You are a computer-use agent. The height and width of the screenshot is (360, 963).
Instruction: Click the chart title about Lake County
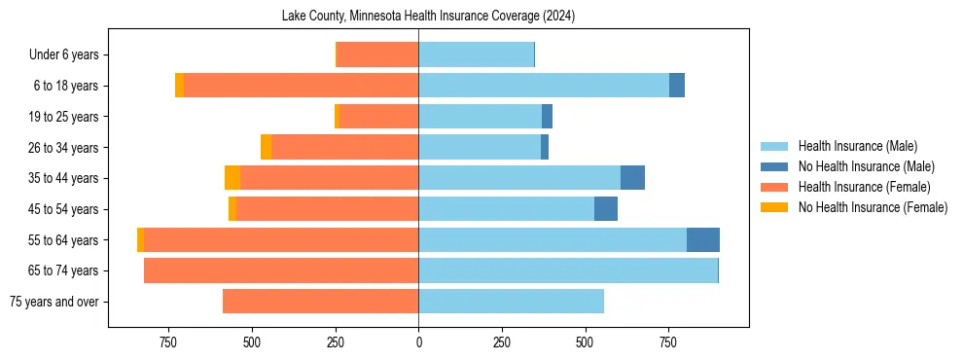pos(428,17)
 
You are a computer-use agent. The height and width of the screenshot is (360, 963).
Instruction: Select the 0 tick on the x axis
pos(418,343)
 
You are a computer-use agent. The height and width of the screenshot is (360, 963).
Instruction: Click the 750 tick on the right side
pos(668,343)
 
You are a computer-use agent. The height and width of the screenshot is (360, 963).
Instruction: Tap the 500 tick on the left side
pos(252,343)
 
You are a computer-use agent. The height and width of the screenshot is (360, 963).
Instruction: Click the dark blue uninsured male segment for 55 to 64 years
pos(702,240)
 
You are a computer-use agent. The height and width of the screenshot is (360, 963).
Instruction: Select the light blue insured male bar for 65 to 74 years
pos(568,270)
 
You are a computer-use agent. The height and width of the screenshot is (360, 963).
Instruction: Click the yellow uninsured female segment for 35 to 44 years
pos(232,178)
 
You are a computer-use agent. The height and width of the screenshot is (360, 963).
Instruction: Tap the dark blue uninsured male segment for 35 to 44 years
pos(632,178)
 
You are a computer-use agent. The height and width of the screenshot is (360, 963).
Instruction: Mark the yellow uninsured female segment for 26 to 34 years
pos(266,147)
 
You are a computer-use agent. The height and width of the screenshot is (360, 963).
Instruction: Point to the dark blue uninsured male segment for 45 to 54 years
pos(606,209)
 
